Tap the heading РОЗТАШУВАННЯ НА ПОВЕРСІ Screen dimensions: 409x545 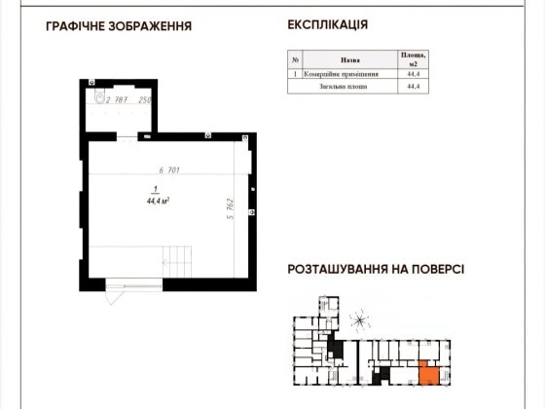(x=375, y=272)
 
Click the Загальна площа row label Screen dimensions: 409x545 (x=347, y=86)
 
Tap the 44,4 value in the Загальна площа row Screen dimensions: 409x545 (x=414, y=86)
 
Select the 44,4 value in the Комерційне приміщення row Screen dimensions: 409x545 (x=414, y=73)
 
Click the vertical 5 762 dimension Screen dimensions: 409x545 (x=231, y=209)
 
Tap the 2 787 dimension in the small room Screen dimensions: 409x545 (x=116, y=99)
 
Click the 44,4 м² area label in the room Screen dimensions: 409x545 (x=155, y=202)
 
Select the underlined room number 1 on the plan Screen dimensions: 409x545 (x=153, y=190)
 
